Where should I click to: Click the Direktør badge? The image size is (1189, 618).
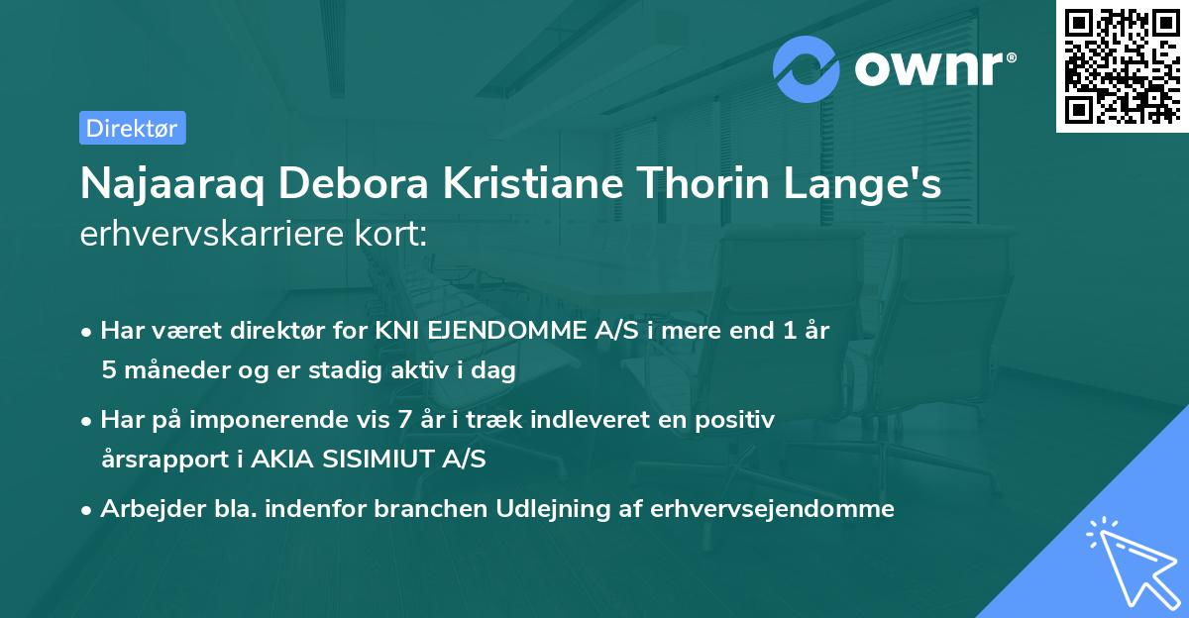pyautogui.click(x=132, y=128)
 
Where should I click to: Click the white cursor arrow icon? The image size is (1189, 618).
pyautogui.click(x=1130, y=561)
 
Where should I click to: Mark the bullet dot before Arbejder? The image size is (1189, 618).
pyautogui.click(x=89, y=510)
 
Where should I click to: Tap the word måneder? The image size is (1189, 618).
pyautogui.click(x=172, y=370)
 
